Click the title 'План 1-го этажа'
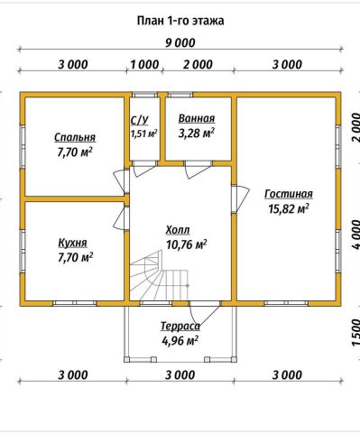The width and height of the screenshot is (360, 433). tap(180, 21)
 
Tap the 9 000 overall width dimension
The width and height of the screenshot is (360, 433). tap(180, 43)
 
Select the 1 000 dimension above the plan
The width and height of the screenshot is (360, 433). tap(144, 65)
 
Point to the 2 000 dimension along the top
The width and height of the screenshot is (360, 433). tap(198, 65)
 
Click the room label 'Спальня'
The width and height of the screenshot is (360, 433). tap(75, 137)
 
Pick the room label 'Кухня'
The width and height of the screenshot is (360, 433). tap(72, 243)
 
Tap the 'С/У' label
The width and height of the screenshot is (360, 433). tap(140, 120)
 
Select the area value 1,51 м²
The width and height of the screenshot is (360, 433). tap(144, 134)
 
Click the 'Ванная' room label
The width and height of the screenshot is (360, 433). tap(197, 118)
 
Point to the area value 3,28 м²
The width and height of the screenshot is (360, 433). tap(197, 133)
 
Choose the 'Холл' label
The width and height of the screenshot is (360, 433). tap(178, 230)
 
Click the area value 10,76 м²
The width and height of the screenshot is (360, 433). tap(186, 244)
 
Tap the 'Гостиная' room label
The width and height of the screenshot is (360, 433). tap(289, 194)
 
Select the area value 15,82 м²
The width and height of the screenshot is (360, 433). tap(289, 208)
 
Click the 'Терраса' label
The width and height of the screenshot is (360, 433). tap(180, 327)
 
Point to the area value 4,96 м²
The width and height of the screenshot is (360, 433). tap(180, 341)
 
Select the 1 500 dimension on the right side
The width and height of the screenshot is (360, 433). tap(355, 333)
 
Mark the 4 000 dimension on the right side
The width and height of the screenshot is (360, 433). tap(355, 235)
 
